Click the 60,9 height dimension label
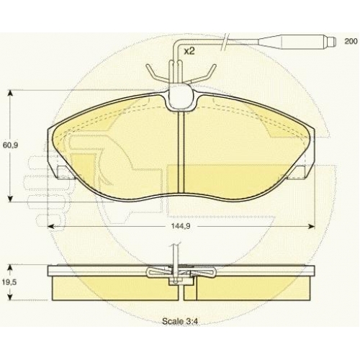point(11,145)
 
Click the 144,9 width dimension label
point(181,226)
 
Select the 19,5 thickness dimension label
point(9,282)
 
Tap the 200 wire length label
point(351,41)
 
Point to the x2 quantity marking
point(189,51)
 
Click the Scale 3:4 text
point(180,321)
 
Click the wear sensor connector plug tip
point(332,42)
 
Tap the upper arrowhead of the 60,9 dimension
point(10,94)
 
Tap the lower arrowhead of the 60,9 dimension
point(10,198)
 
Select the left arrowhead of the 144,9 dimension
point(51,226)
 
